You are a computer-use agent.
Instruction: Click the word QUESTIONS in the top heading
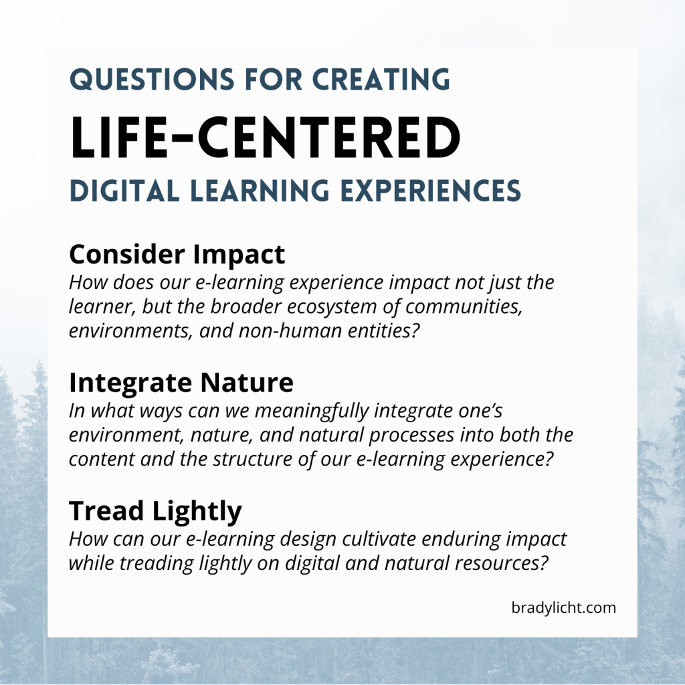point(152,80)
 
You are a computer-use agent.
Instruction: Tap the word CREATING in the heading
point(381,80)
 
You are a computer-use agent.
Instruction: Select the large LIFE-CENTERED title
point(265,138)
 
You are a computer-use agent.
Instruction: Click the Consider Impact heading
point(177,255)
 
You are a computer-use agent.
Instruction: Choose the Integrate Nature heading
point(181,383)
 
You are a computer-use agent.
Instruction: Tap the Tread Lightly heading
point(155,511)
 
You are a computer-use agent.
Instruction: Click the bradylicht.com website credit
point(563,607)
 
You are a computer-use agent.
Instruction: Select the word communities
point(464,306)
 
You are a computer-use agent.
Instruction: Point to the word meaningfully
point(312,411)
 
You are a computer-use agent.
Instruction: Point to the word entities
point(383,330)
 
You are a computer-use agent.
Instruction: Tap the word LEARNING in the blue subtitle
point(260,191)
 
